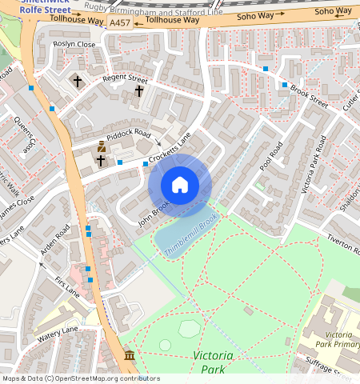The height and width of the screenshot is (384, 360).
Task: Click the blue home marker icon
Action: (x=180, y=186)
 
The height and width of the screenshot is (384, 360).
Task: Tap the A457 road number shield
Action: (x=119, y=24)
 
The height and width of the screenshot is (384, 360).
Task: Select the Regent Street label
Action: (x=126, y=80)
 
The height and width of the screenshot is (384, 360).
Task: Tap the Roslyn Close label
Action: (x=74, y=44)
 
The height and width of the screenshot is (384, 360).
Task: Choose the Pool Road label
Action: (x=273, y=156)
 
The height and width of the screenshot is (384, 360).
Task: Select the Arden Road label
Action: (x=55, y=241)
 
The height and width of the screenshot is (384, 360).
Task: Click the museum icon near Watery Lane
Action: (x=130, y=354)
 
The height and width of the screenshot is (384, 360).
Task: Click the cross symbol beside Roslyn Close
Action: (x=78, y=81)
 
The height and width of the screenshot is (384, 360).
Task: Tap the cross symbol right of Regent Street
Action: (x=139, y=91)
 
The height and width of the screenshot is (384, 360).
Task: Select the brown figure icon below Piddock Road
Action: (x=102, y=146)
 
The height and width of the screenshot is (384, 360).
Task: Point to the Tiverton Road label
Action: (x=341, y=243)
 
